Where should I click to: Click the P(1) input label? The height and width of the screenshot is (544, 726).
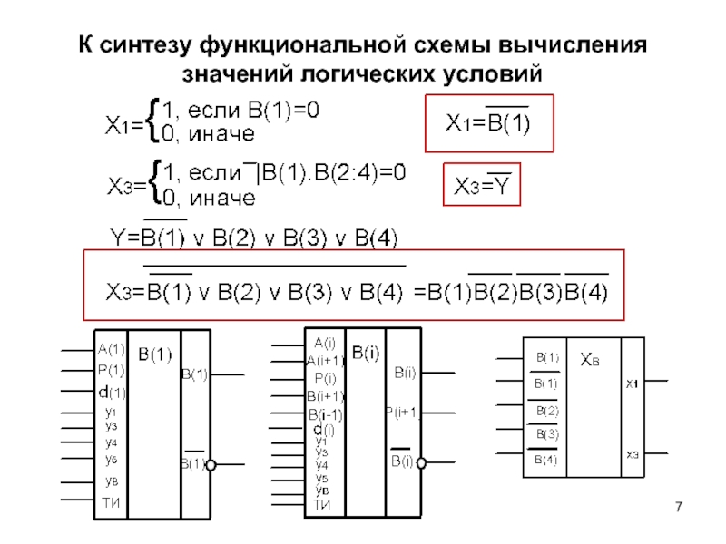112,370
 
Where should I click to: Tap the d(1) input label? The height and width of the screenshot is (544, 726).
112,393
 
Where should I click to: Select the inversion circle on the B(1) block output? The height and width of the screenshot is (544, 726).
210,465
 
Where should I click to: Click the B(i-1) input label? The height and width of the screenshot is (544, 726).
325,414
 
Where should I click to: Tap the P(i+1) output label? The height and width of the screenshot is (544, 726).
402,413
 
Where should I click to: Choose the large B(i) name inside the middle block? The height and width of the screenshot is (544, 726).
366,353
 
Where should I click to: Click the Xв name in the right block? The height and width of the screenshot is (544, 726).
591,359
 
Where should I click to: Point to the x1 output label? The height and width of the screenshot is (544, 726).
631,384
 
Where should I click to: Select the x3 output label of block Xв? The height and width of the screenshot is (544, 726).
631,453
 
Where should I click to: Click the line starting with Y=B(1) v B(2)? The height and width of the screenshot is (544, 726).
253,238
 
